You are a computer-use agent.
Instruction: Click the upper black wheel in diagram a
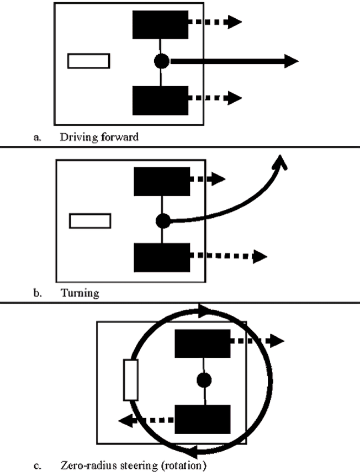click(160, 25)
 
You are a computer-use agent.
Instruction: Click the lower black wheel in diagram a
click(160, 101)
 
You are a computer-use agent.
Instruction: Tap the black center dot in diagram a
click(161, 61)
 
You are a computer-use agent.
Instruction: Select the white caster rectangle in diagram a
click(89, 61)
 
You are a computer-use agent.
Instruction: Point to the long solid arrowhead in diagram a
click(292, 61)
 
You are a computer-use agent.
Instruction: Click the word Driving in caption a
click(78, 137)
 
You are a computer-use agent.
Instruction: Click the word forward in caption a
click(120, 137)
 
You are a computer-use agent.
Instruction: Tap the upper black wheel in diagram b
click(162, 181)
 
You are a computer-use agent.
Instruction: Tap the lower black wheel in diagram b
click(162, 257)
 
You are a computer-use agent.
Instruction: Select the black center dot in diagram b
click(163, 221)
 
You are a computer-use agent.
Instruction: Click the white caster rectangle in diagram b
click(90, 221)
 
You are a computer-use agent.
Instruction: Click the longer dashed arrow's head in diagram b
click(260, 257)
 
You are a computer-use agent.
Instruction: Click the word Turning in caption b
click(80, 293)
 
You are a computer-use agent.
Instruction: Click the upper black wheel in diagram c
click(203, 343)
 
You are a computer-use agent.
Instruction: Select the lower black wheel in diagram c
click(203, 419)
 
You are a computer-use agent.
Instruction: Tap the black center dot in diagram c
click(204, 380)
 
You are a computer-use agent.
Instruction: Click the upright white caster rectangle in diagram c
click(131, 380)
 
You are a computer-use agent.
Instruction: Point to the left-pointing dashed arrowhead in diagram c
click(126, 421)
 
